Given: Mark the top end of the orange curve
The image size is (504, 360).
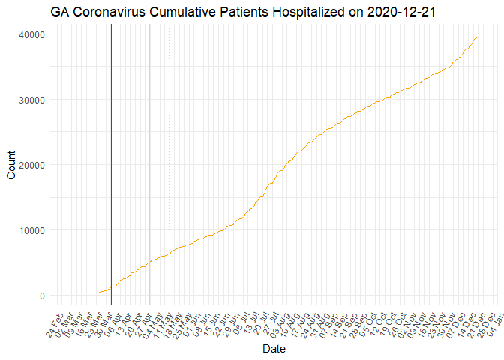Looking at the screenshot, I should [x=478, y=37].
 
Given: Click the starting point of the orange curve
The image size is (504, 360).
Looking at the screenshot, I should [x=98, y=292].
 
